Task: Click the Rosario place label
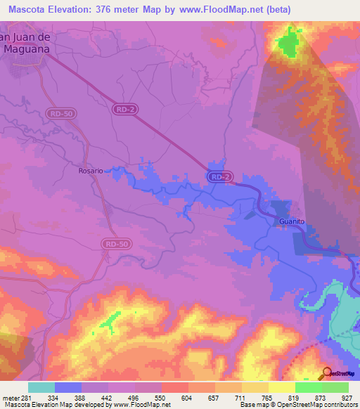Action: [x=91, y=171]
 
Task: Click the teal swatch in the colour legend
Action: [x=41, y=387]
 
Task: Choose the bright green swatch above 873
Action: [x=309, y=387]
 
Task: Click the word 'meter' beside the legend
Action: [x=11, y=398]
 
